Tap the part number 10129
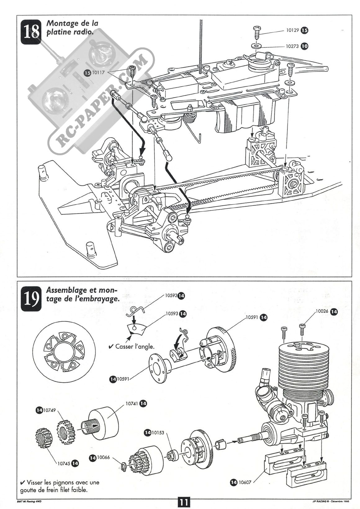[292, 30]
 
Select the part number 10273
[292, 46]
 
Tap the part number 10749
[50, 410]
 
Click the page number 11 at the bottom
[184, 502]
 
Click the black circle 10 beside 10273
[305, 46]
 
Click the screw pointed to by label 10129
[257, 31]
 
